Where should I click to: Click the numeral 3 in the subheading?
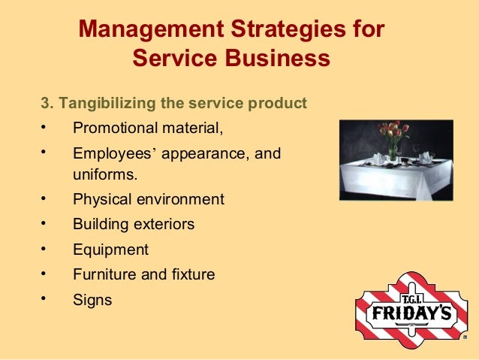click(x=44, y=101)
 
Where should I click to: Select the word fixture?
click(x=191, y=275)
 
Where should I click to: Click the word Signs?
click(x=92, y=301)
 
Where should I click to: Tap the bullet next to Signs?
click(x=45, y=298)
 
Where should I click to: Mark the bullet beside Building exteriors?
click(x=45, y=222)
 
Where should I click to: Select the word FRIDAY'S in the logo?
click(x=409, y=311)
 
